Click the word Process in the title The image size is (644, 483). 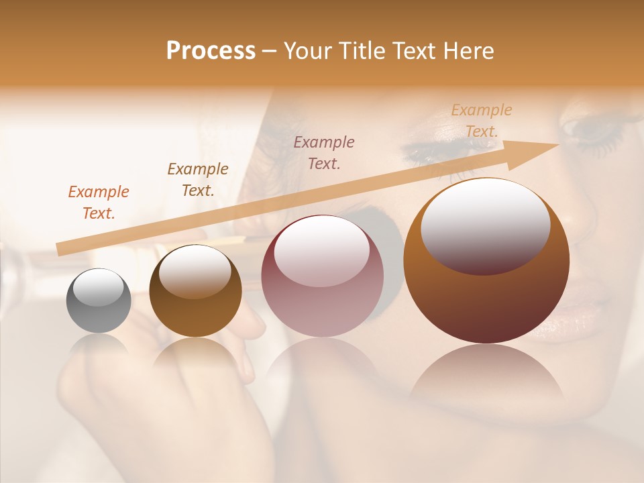(x=211, y=51)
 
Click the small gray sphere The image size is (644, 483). (x=99, y=301)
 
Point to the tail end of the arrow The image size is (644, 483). (x=60, y=250)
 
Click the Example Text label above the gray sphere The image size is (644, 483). (x=99, y=203)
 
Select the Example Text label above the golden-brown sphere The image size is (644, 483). (x=197, y=180)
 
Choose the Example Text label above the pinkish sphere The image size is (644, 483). (x=324, y=152)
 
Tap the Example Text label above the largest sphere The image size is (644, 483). (x=481, y=121)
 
